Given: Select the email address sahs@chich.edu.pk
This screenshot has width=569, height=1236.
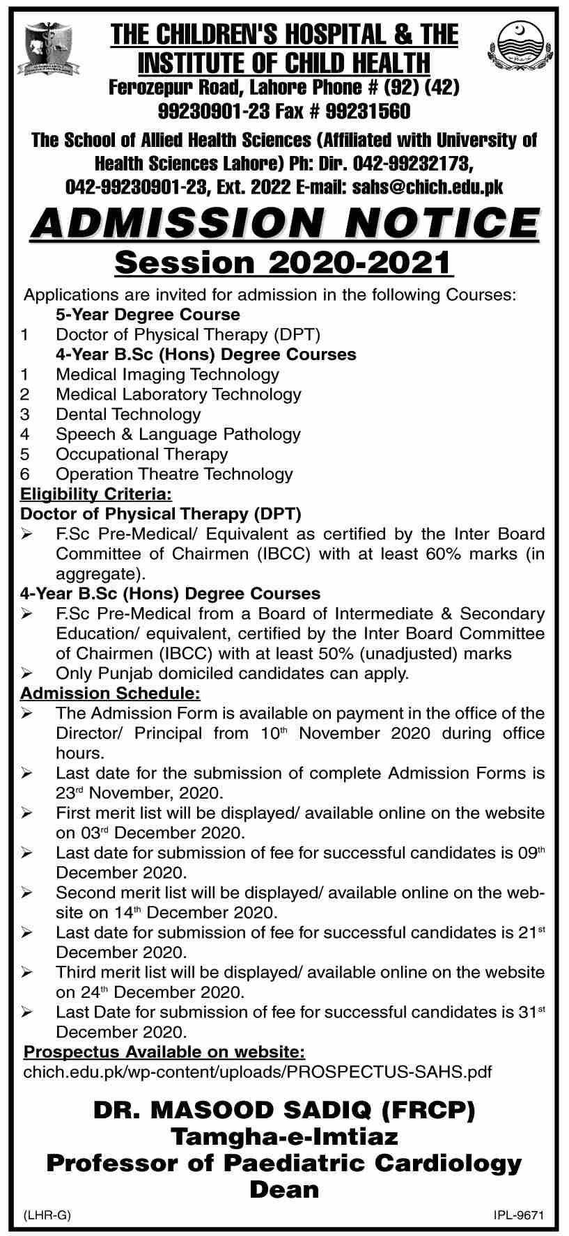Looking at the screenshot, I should [x=428, y=187].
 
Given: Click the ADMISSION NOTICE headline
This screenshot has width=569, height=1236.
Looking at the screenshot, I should [x=284, y=223].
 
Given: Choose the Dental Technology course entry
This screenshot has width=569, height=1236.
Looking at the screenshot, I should [x=128, y=414].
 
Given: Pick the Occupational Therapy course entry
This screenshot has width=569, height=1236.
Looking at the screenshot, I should [x=141, y=454].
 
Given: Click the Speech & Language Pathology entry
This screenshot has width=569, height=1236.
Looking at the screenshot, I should [x=178, y=435].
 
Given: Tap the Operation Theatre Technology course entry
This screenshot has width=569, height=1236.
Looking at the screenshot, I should [x=174, y=474].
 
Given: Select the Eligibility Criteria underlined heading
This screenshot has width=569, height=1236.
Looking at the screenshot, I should [x=95, y=494].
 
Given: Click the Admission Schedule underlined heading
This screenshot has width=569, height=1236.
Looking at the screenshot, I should [x=110, y=694].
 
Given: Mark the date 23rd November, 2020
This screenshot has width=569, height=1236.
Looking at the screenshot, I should [x=139, y=793].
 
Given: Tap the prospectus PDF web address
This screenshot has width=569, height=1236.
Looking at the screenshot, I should [x=258, y=1071].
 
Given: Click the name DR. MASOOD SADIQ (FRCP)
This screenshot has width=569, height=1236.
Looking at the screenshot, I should [x=284, y=1110].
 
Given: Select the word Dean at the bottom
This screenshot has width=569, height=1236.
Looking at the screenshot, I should [x=284, y=1189].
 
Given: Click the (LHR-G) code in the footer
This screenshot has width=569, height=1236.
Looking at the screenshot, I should [x=47, y=1216].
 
